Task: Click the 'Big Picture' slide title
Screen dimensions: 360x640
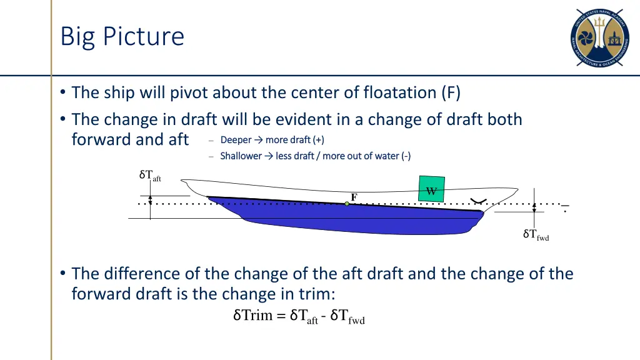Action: click(122, 36)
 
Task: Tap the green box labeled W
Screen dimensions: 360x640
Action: click(431, 189)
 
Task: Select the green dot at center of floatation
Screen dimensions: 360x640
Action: click(347, 204)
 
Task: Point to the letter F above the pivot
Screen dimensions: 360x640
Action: click(354, 197)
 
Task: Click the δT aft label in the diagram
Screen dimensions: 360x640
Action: click(150, 176)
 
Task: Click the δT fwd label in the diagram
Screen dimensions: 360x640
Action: click(536, 235)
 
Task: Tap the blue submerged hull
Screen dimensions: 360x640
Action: click(350, 219)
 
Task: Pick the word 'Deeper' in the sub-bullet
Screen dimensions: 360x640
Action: click(236, 139)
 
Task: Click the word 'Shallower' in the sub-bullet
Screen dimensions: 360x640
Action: click(241, 156)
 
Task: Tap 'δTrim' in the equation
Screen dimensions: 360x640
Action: click(253, 315)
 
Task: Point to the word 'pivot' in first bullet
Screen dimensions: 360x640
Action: click(189, 92)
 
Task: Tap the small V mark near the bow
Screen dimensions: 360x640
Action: click(479, 201)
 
